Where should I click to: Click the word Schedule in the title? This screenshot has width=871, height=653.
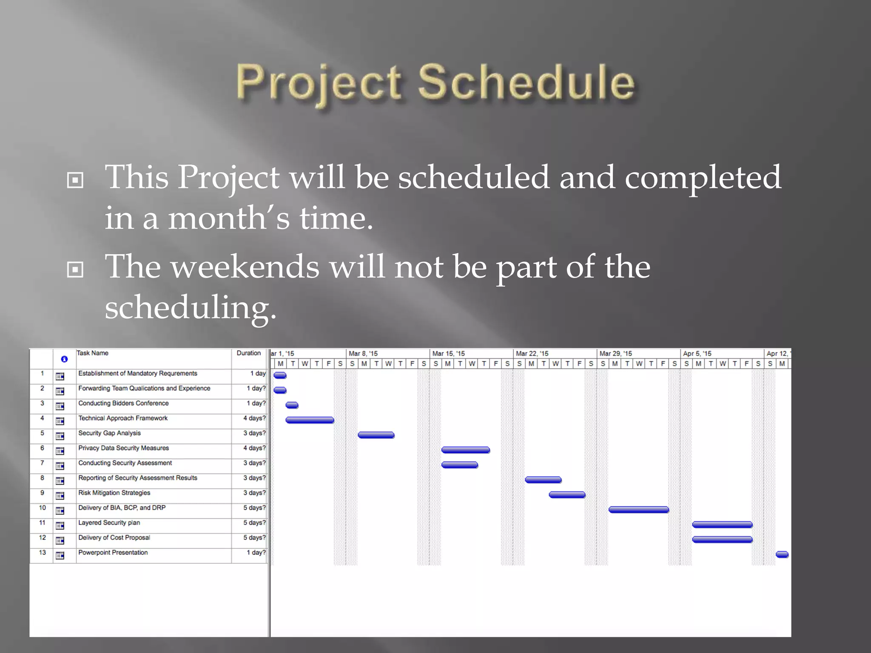tap(526, 82)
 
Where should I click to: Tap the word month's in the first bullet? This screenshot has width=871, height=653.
tap(228, 218)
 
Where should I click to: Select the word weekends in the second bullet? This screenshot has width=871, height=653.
tap(245, 267)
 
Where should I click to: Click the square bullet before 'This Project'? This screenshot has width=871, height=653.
tap(75, 181)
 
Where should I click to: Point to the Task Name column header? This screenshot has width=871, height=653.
tap(93, 353)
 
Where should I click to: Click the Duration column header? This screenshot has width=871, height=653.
tap(248, 353)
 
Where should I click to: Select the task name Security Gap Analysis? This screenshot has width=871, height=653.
tap(109, 433)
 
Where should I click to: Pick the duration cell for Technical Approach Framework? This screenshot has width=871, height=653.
tap(254, 418)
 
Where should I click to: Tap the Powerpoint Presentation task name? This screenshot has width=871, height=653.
tap(113, 553)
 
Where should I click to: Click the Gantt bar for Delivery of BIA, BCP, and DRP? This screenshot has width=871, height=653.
tap(638, 510)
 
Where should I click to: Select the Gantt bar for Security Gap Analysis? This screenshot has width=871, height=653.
tap(376, 435)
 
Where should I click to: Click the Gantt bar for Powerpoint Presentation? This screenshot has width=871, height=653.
tap(782, 554)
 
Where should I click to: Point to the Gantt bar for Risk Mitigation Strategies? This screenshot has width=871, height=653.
tap(567, 495)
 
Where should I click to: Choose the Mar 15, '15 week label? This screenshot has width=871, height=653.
tap(448, 354)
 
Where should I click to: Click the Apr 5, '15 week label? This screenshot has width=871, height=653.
tap(697, 354)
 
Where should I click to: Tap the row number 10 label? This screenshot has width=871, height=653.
tap(42, 508)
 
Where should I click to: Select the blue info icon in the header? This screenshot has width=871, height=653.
tap(64, 359)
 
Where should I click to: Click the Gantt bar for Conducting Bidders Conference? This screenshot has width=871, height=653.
tap(292, 405)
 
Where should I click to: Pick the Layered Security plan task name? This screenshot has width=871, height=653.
tap(109, 523)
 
